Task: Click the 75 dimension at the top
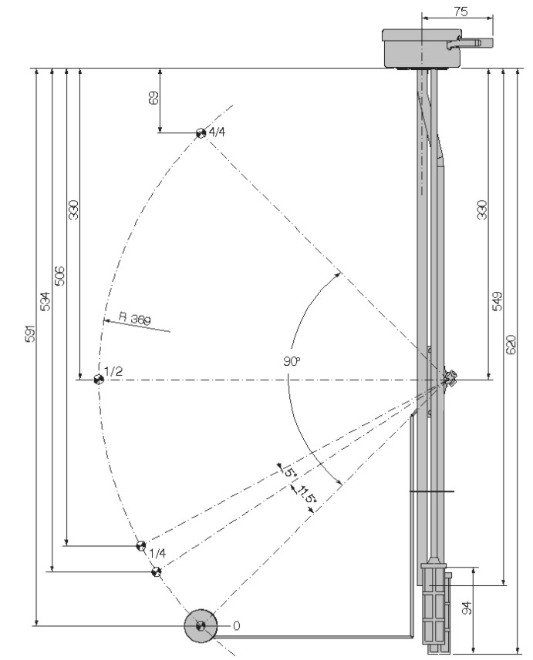pyautogui.click(x=460, y=11)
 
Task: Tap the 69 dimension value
pyautogui.click(x=154, y=98)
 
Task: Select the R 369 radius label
pyautogui.click(x=135, y=318)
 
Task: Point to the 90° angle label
pyautogui.click(x=292, y=361)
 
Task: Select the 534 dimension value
pyautogui.click(x=45, y=301)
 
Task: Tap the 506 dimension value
pyautogui.click(x=60, y=276)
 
